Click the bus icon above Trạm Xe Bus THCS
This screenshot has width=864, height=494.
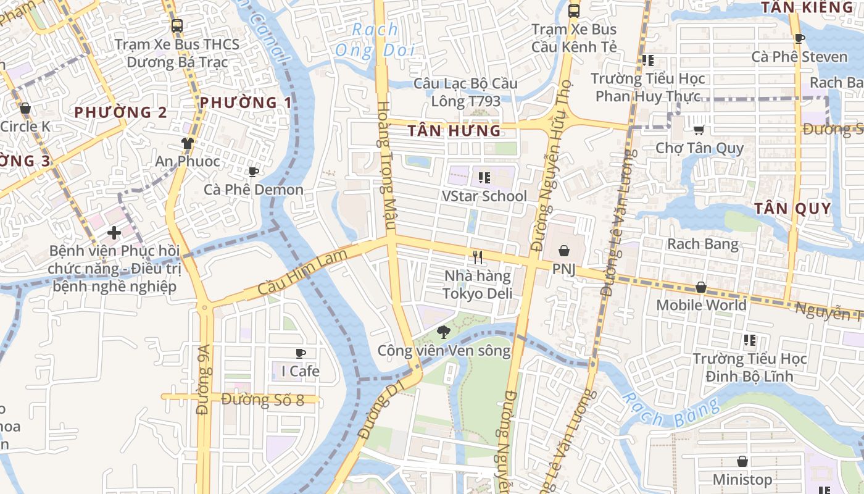coord(177,26)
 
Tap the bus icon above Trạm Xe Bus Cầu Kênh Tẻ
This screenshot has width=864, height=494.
coord(574,10)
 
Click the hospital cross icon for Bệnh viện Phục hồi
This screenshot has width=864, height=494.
coord(114,233)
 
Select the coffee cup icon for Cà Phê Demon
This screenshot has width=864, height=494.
coord(253,172)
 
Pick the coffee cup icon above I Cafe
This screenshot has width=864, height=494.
coord(301,353)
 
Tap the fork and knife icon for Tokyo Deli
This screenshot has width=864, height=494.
coord(477,257)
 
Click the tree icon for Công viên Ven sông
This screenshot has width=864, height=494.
coord(443,333)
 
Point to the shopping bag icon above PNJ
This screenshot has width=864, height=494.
coord(563,251)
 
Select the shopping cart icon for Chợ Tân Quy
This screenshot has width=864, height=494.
coord(699,130)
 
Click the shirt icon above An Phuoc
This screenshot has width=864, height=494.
coord(188,143)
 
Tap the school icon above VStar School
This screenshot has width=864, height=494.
coord(484,178)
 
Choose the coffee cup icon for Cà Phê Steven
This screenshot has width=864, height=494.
coord(799,39)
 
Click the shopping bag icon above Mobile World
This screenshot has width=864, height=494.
coord(700,287)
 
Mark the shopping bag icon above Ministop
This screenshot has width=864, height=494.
coord(742,461)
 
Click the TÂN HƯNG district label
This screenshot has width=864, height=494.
coord(455,130)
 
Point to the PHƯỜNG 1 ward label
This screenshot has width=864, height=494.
coord(246,103)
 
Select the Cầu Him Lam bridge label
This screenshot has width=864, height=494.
coord(302,273)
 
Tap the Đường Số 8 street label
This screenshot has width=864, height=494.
coord(262,400)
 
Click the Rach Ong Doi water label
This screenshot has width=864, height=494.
coord(375,40)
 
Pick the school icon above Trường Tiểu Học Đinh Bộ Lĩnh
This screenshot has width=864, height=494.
coord(750,340)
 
